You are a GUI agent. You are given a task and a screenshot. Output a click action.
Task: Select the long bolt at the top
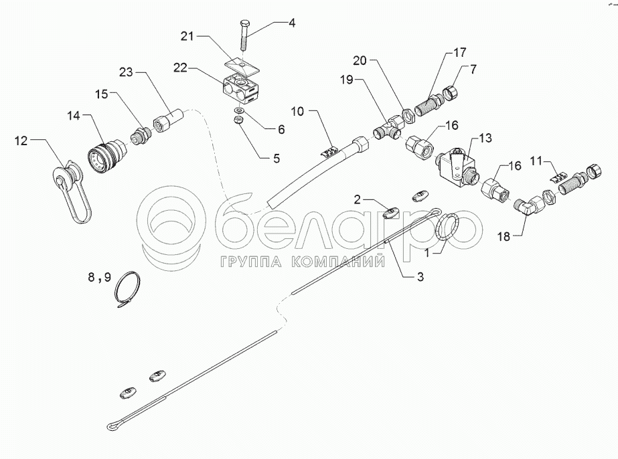click(x=244, y=35)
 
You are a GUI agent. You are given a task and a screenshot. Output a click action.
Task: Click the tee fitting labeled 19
click(x=390, y=128)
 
